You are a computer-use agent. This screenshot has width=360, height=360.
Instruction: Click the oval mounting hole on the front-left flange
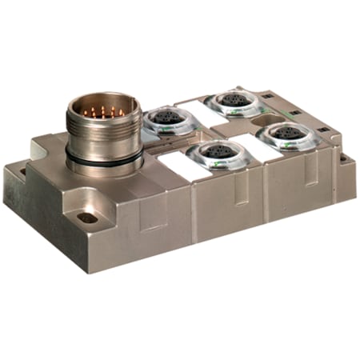click(87, 217)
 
